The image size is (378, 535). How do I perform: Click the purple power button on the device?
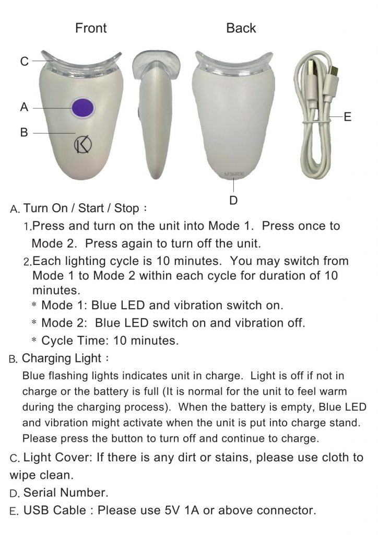coord(82,108)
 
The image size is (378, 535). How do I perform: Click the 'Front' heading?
coord(91,28)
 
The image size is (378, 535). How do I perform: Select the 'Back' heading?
coord(241,28)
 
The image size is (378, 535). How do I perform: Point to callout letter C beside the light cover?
coord(24,62)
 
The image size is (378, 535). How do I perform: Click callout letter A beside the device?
coord(24,107)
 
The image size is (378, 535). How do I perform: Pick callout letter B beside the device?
coord(24,132)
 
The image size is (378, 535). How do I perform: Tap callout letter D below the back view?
coord(233,200)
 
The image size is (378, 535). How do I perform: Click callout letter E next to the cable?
coord(347,117)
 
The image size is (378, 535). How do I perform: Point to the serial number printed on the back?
coord(234,174)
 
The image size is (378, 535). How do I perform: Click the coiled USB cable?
coord(316,114)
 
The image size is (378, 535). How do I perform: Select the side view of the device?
coord(155,114)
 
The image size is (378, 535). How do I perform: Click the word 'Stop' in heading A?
coord(126,208)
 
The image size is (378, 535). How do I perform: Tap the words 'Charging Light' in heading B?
coord(62,358)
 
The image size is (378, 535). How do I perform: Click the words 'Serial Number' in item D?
coord(66,493)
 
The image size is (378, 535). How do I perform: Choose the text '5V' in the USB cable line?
coord(173,510)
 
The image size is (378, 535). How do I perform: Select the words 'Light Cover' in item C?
coord(58,458)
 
